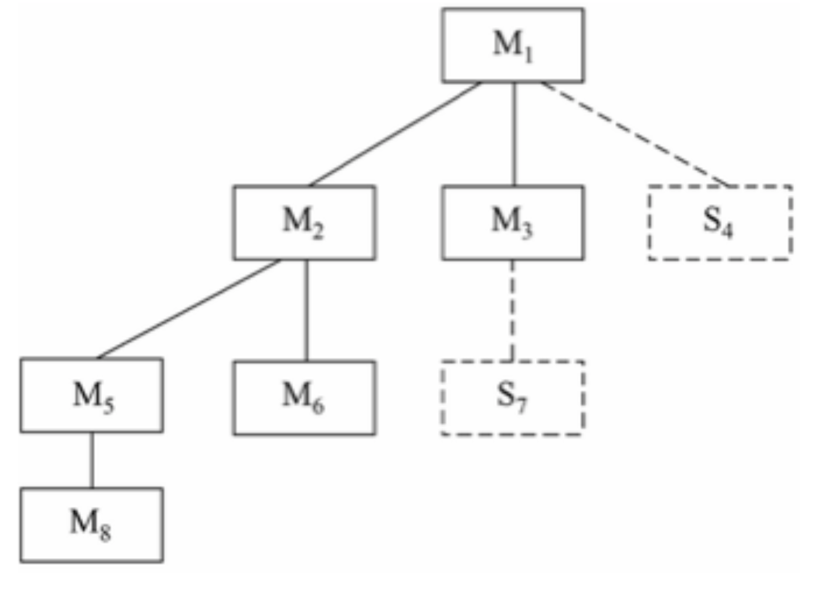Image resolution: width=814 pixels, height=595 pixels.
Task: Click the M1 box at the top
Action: pos(512,45)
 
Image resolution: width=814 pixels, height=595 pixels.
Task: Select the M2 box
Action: pos(304,222)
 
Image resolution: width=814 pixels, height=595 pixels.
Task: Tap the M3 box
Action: pos(512,222)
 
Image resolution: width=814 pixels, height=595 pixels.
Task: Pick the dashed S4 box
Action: pos(720,222)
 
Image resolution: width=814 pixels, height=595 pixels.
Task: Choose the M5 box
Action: pos(92,395)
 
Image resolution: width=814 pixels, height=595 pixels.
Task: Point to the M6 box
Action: pos(304,398)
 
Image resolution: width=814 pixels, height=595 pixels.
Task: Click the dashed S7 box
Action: pos(512,398)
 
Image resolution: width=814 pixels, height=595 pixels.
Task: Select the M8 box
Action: pos(92,525)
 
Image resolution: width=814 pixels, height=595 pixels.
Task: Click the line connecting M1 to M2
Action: pos(395,134)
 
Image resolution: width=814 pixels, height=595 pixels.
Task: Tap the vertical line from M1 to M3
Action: pos(515,134)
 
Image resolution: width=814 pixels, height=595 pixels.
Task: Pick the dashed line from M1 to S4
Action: pos(635,134)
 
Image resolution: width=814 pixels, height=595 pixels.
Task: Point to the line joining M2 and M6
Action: pos(307,310)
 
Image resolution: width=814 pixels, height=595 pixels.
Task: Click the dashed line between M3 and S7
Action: pos(512,310)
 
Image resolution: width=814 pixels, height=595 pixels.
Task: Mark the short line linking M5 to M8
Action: pos(92,460)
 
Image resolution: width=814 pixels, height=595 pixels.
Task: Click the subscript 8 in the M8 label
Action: pos(105,533)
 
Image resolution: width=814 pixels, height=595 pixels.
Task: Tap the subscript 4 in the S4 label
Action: pos(727,230)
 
